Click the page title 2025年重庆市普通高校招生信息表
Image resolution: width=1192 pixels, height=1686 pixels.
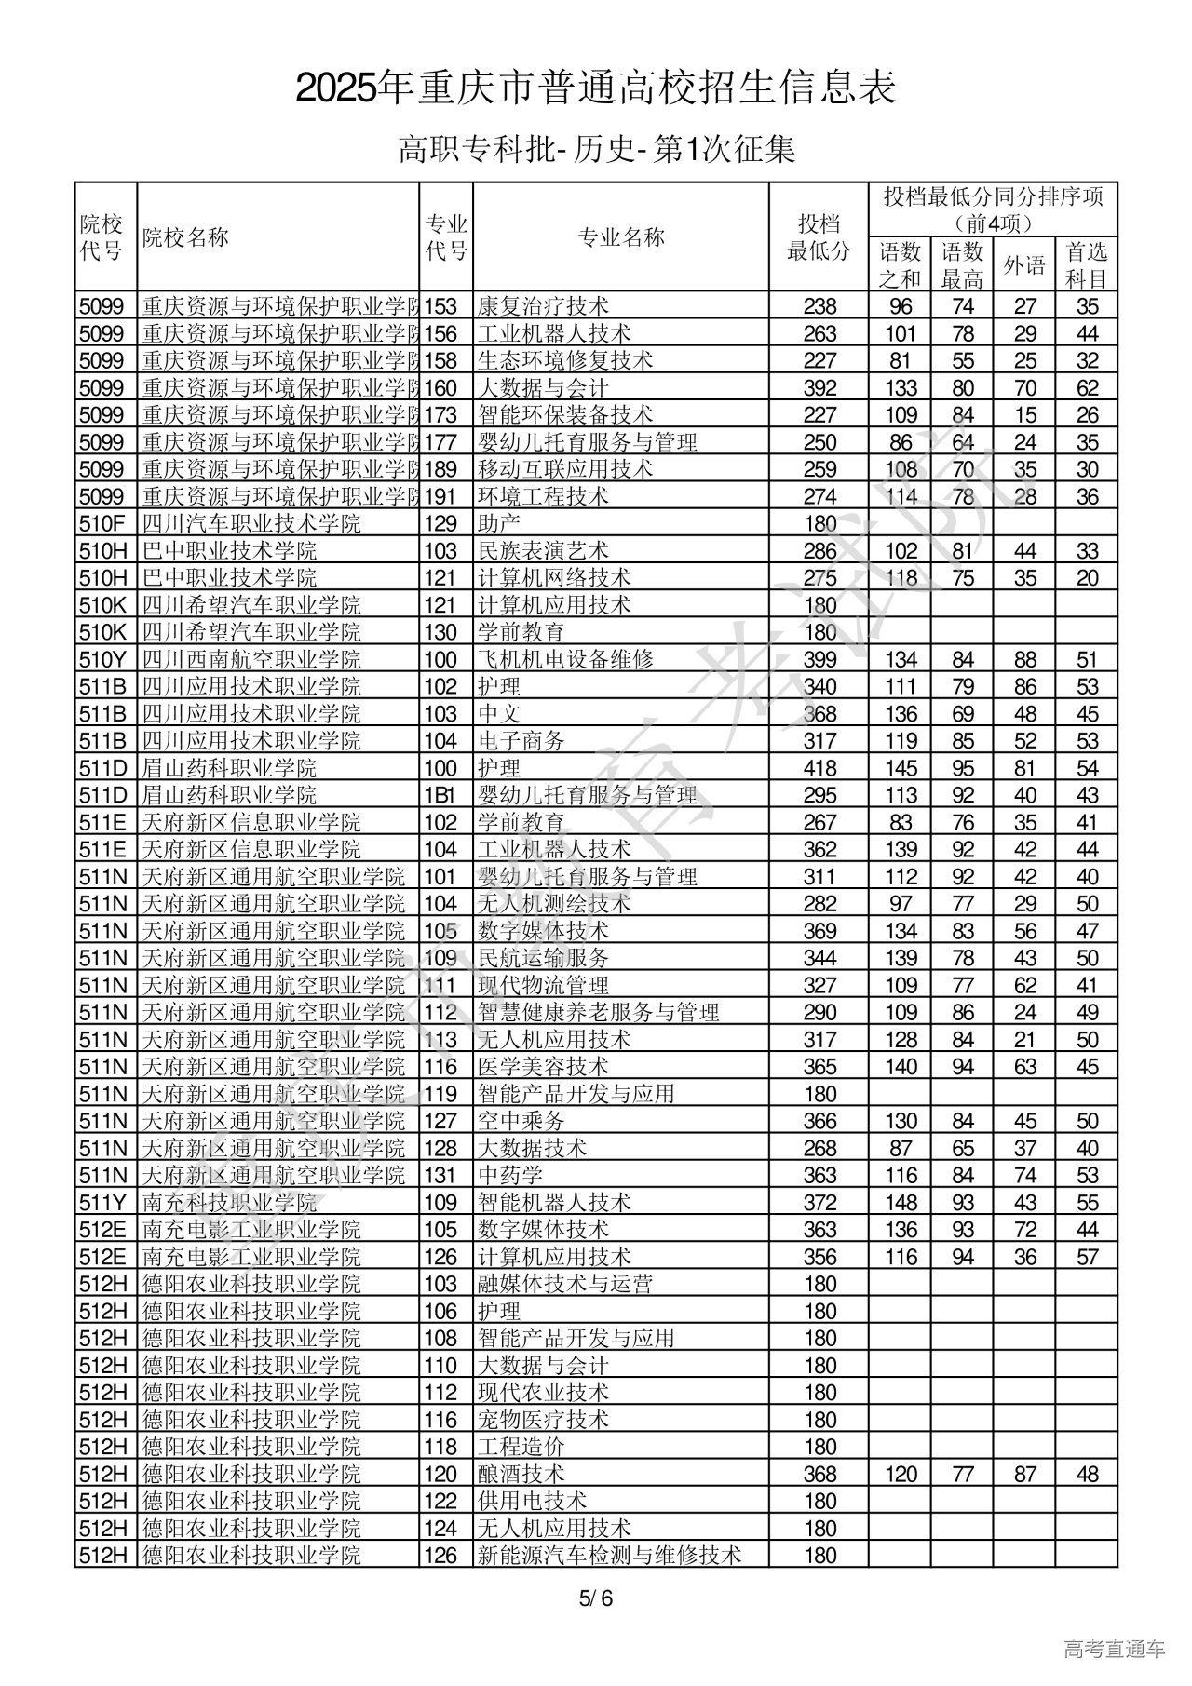point(596,88)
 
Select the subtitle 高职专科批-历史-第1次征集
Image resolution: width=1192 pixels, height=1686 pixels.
point(596,149)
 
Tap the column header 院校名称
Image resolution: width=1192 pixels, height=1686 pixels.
point(185,237)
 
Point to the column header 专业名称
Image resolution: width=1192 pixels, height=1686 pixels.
point(621,237)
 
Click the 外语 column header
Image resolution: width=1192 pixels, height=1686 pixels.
point(1024,265)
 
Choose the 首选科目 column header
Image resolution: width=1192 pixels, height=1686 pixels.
point(1087,265)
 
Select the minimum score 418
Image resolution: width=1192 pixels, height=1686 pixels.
point(819,769)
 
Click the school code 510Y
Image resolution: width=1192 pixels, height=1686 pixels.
point(102,660)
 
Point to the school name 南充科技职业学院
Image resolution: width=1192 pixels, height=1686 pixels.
point(230,1203)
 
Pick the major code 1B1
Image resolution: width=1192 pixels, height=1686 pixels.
point(440,796)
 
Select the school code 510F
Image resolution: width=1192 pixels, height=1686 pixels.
point(102,524)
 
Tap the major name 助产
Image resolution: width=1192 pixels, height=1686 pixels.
point(498,524)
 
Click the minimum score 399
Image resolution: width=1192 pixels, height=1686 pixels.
point(819,660)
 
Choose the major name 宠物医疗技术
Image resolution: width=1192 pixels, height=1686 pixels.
point(543,1420)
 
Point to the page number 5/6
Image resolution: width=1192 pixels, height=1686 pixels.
point(596,1599)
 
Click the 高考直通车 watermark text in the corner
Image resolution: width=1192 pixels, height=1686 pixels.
point(1114,1650)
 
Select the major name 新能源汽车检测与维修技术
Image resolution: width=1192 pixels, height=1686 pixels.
point(609,1556)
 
